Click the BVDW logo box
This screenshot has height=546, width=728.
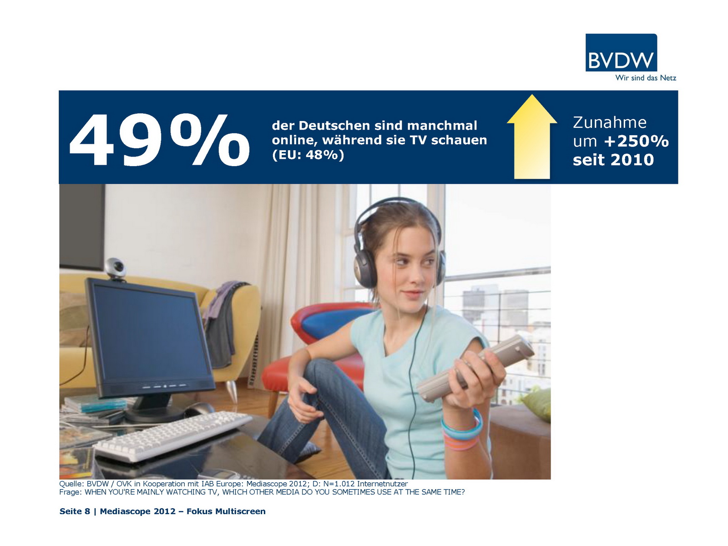(x=621, y=52)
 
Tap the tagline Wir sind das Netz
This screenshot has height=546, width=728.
(x=645, y=78)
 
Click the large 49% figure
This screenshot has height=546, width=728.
(x=159, y=140)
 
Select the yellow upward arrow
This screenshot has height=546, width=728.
(x=531, y=136)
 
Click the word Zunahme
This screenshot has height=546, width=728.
(x=610, y=122)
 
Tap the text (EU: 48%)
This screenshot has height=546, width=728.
(x=308, y=155)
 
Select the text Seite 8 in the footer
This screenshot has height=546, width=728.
(x=75, y=511)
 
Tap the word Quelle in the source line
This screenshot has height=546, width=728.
(x=71, y=484)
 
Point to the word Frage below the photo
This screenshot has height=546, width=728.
(x=70, y=492)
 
